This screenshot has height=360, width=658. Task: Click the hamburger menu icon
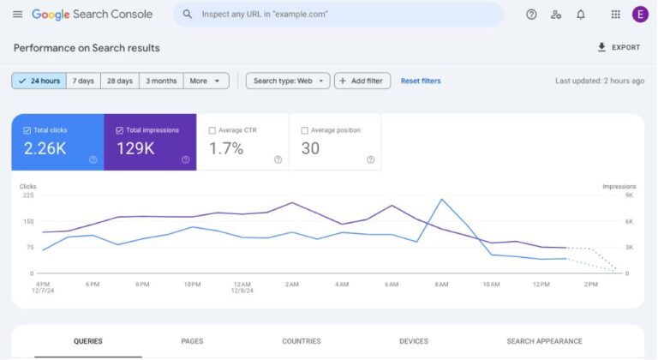tap(17, 15)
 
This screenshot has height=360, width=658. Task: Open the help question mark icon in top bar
tap(531, 15)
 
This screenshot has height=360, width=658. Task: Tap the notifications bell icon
tap(581, 15)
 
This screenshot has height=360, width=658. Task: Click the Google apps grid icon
tap(615, 15)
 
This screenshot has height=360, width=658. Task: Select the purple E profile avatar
tap(640, 15)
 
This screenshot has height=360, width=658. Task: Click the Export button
tap(619, 48)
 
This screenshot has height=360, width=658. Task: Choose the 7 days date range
tap(83, 81)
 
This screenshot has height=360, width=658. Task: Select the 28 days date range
tap(120, 81)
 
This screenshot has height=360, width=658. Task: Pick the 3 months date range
tap(161, 81)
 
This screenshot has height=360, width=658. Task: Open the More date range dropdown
tap(206, 81)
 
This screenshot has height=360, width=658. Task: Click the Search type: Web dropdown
tap(288, 81)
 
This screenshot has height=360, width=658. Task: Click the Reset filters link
tap(421, 81)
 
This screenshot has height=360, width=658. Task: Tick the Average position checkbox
tap(305, 130)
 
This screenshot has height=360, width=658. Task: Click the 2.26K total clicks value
tap(45, 149)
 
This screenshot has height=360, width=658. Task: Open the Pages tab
tap(192, 341)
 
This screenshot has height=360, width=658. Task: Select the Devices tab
tap(414, 341)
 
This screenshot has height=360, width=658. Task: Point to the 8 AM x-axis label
tap(441, 284)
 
